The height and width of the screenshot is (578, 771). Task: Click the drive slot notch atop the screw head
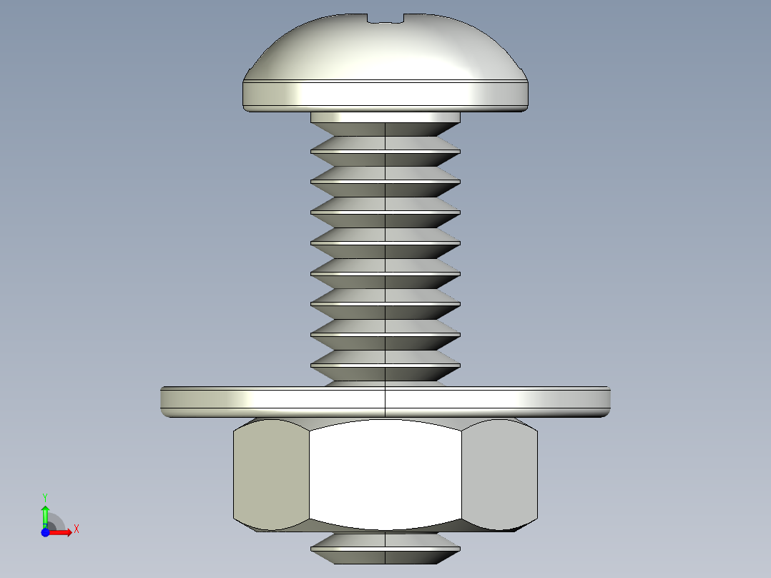[x=386, y=19]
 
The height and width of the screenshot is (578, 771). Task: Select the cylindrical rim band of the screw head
[x=386, y=94]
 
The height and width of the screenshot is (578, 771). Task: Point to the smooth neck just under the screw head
[x=386, y=117]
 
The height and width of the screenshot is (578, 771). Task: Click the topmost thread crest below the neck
[x=386, y=150]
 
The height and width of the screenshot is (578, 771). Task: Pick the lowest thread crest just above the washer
[x=386, y=366]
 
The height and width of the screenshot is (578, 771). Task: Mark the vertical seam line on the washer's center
[x=386, y=401]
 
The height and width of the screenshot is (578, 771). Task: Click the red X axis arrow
[x=63, y=532]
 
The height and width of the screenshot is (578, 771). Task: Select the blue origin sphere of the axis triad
[x=45, y=532]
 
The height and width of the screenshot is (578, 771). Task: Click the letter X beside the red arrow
[x=76, y=529]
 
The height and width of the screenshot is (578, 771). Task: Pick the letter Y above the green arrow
[x=45, y=496]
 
